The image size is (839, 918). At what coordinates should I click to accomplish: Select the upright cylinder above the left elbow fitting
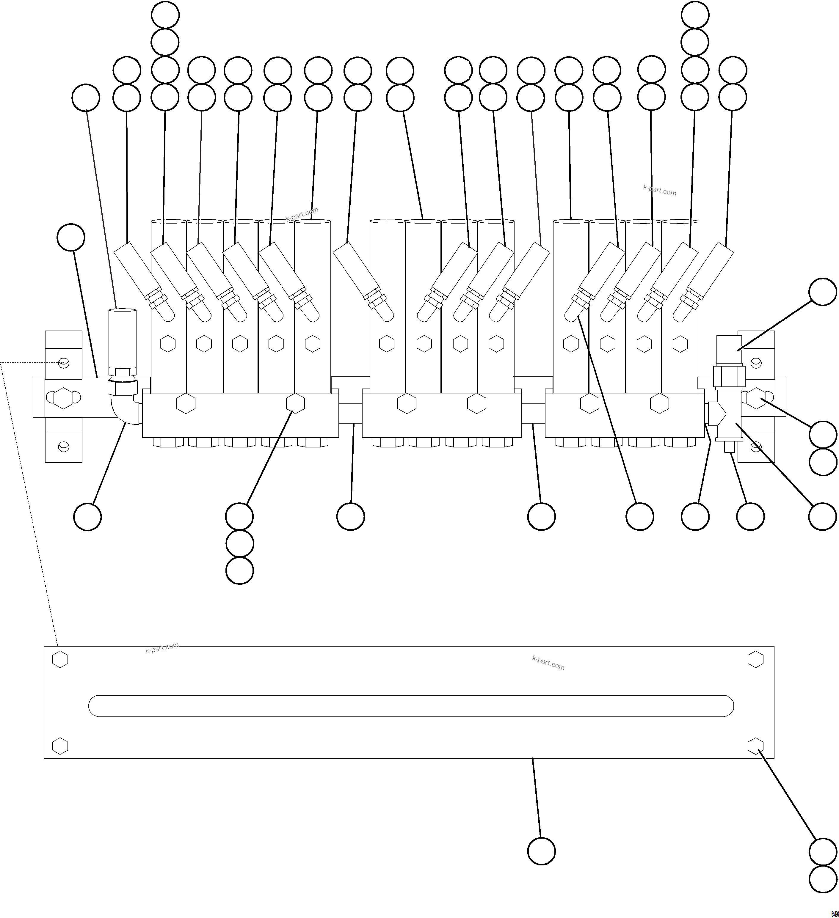click(x=122, y=337)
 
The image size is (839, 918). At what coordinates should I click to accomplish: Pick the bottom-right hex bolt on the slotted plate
click(x=756, y=746)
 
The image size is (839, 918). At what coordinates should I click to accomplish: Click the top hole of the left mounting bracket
click(x=64, y=363)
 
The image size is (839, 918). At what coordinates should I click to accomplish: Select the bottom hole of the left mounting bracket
click(x=64, y=447)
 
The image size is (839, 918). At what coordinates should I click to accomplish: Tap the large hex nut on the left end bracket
click(x=63, y=397)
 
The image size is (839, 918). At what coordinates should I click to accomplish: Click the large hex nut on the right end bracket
click(x=756, y=397)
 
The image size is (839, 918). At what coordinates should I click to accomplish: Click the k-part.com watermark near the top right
click(x=660, y=190)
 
